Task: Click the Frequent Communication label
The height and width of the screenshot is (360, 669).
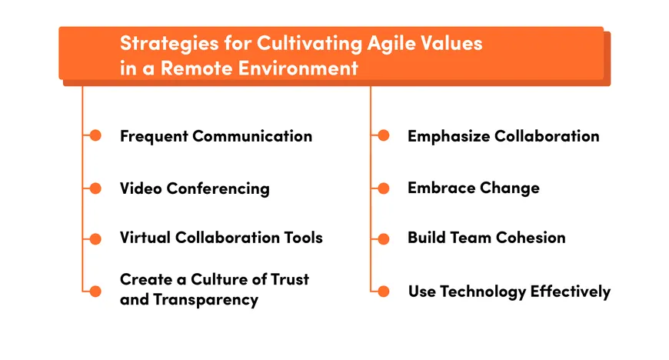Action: pos(215,136)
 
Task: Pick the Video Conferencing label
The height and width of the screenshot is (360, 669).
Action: pos(195,188)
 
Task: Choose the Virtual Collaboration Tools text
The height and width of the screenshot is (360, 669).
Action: pos(221,238)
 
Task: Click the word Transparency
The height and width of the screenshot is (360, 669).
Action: pos(206,300)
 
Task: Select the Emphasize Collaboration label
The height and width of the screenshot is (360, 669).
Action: pos(503,136)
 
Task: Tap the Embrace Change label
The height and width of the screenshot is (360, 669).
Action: pos(473,188)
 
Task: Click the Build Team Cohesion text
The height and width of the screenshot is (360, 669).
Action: pos(486,238)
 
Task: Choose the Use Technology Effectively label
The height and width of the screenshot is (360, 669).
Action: pos(509,292)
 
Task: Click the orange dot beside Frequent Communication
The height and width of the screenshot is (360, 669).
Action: pos(95,136)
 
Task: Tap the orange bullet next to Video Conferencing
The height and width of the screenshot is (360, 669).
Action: pos(95,188)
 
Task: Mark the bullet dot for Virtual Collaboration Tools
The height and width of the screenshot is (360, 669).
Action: pos(95,239)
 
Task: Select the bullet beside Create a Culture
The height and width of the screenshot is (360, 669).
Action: pos(95,291)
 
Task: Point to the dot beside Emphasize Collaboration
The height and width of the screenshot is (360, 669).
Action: pos(384,136)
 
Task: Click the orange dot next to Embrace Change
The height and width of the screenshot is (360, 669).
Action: pos(384,188)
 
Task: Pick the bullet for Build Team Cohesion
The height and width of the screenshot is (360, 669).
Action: pos(384,239)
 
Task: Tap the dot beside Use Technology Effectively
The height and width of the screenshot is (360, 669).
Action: pos(384,291)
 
